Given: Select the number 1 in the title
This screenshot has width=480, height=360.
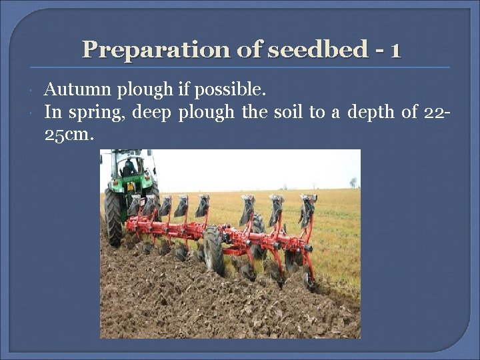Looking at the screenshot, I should (397, 49).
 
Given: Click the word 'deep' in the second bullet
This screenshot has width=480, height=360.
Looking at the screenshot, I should (153, 113).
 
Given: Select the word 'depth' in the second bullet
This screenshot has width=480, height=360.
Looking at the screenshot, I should (366, 113).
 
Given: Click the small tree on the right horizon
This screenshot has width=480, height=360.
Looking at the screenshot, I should (353, 181).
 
